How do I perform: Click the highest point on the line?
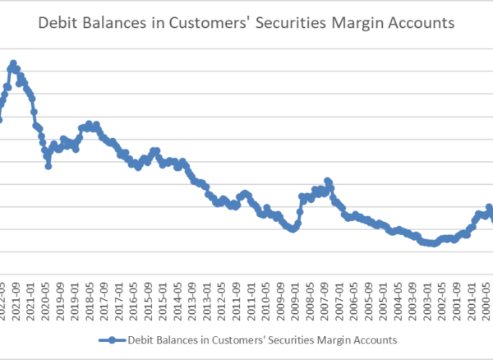pos(13,63)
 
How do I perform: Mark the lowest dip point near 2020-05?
pos(48,166)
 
